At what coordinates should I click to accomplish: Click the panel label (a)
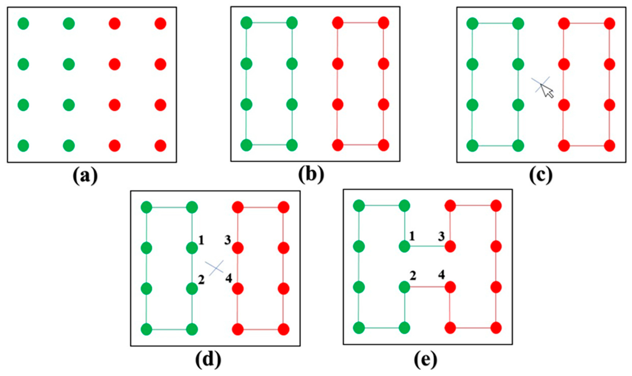point(85,176)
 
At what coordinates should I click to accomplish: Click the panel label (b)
point(311,175)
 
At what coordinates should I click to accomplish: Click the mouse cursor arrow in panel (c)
point(547,91)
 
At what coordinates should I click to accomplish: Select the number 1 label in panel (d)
point(201,240)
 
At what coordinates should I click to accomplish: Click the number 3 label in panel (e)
point(441,236)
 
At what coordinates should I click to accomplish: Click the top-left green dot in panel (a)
point(23,24)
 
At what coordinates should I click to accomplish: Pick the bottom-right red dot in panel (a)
point(160,146)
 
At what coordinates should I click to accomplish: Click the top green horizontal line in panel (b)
point(269,23)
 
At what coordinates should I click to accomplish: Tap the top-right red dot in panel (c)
point(609,24)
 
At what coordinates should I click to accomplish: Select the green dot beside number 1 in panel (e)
point(404,246)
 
